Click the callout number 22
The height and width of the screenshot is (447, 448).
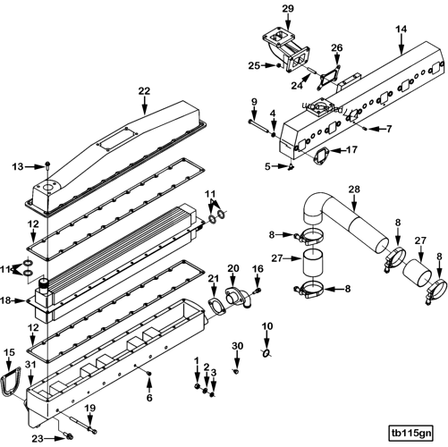click(145, 90)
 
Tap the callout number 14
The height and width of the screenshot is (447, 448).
click(401, 30)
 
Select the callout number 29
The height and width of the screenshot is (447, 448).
click(288, 9)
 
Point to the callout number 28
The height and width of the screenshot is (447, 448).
click(353, 190)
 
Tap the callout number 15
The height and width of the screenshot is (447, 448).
click(11, 353)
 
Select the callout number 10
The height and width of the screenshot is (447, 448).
click(266, 327)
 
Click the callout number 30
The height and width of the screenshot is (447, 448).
click(237, 345)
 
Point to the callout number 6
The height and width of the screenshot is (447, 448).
click(149, 397)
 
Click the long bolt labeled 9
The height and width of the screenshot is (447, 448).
click(261, 129)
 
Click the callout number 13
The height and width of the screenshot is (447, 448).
click(17, 166)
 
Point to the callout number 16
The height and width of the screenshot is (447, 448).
click(258, 268)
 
